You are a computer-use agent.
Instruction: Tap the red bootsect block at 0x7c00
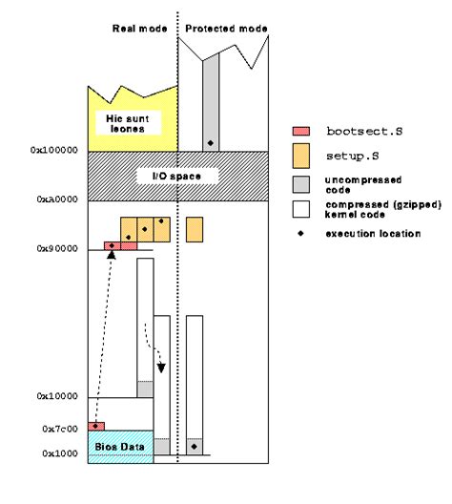coord(96,425)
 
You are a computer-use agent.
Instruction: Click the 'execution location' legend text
coord(373,233)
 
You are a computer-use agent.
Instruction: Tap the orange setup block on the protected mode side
coord(195,229)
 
